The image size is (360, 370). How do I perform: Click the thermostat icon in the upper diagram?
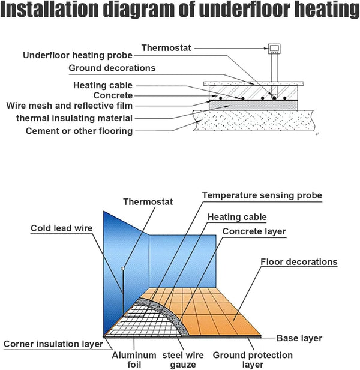pos(274,49)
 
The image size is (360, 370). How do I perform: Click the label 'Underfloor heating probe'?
pos(77,55)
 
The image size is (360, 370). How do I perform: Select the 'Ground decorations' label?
pos(112,68)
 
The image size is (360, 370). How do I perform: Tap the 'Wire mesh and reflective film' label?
pos(70,106)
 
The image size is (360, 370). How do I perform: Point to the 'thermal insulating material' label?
pos(74,118)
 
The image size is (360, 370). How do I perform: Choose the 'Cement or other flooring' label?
pos(79,131)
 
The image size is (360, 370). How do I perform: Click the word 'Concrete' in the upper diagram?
pos(113,95)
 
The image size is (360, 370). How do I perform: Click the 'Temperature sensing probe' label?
pos(262,195)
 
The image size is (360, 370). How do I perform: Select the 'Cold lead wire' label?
pos(62,228)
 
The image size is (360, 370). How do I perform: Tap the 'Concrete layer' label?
pos(254,231)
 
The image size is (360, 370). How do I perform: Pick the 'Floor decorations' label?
pos(299,262)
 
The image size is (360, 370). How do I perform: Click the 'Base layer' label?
pos(299,338)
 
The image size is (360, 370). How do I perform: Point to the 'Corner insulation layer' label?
pos(53,344)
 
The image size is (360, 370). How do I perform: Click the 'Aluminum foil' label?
pos(134,360)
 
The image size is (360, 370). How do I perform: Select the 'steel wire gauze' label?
pos(183,360)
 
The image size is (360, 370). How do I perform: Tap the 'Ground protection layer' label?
pos(253,360)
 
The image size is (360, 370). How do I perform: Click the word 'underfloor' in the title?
pos(245,9)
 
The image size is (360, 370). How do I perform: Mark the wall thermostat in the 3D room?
pos(122,269)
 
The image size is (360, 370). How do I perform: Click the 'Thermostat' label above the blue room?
pos(148,202)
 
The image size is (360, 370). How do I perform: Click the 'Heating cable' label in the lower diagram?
pos(237,217)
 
